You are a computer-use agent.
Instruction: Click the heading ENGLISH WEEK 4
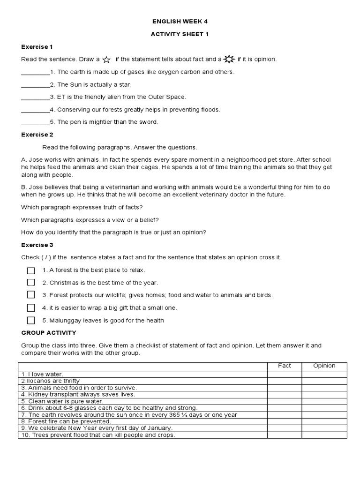tap(180, 22)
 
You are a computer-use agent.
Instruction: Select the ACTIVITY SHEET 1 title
tap(180, 34)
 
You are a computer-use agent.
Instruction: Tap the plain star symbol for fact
tap(106, 60)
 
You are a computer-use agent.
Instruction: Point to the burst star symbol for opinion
tap(229, 59)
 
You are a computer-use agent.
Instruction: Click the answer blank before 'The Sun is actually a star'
tap(35, 85)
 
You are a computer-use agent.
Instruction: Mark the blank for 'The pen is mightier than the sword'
tap(35, 122)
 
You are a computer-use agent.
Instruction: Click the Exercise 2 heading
tap(37, 135)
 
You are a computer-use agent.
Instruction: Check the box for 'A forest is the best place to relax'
tap(31, 270)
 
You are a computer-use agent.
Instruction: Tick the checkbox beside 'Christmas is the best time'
tap(31, 283)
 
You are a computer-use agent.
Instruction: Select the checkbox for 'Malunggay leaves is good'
tap(31, 321)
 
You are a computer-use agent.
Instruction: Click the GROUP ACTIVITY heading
tap(49, 333)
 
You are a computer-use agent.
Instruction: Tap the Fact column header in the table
tap(285, 366)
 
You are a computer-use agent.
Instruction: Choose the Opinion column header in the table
tap(324, 366)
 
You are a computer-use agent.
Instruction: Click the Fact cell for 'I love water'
tap(285, 374)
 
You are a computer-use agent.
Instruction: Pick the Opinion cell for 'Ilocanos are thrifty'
tap(324, 381)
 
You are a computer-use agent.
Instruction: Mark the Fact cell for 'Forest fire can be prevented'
tap(285, 421)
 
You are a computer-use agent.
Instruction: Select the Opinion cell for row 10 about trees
tap(324, 435)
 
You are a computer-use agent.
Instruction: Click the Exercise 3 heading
tap(37, 245)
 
